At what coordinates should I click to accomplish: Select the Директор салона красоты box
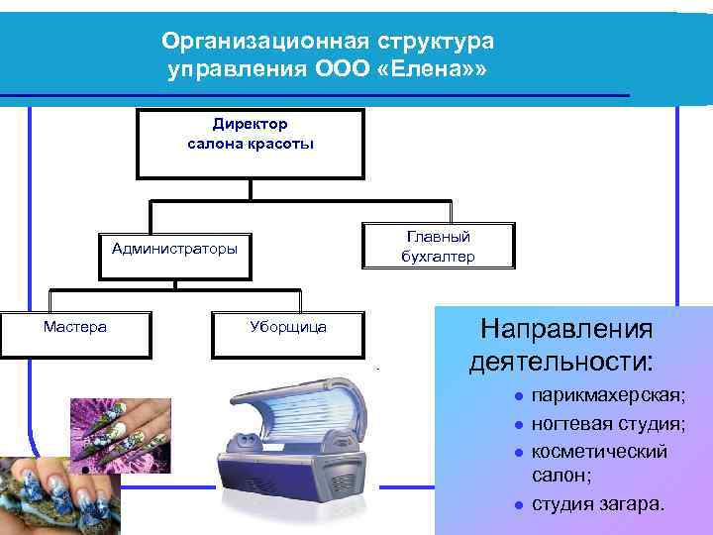(251, 143)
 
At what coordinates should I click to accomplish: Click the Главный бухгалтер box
(438, 247)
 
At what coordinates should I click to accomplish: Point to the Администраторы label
(174, 249)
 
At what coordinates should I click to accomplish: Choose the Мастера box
(75, 334)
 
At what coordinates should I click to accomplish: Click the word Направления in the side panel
(566, 328)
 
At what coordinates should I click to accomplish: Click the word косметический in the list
(599, 451)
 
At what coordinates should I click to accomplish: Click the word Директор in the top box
(250, 124)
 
